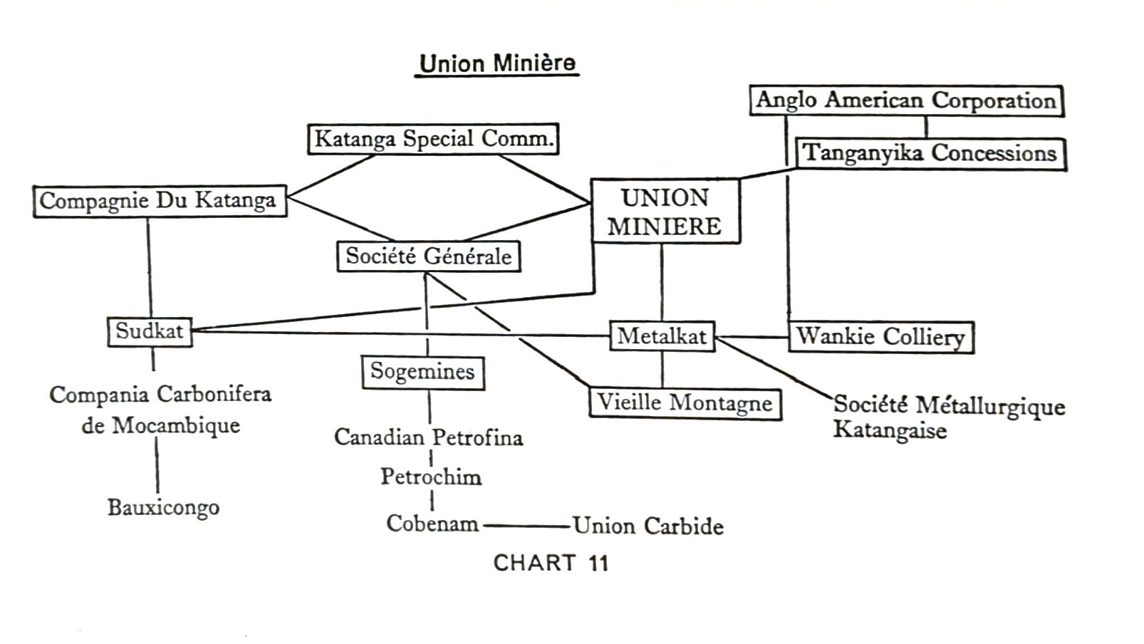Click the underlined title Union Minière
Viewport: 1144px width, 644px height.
pos(497,63)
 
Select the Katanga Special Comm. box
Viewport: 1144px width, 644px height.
pos(433,139)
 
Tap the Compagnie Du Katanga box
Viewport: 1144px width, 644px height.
pos(159,201)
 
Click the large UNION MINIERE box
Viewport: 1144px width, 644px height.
pos(665,212)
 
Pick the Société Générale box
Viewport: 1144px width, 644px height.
pos(428,256)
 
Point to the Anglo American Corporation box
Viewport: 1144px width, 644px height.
pos(906,100)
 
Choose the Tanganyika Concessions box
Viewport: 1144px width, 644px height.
pos(930,153)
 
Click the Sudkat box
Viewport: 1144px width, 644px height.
pos(150,331)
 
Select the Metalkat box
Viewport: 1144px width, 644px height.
pos(662,336)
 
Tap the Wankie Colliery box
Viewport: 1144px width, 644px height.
pos(880,337)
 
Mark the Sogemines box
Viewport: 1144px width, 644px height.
pos(422,372)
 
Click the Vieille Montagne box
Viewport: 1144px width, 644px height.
pos(685,403)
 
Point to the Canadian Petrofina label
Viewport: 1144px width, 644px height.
pos(429,437)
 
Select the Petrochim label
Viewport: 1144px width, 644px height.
pos(431,477)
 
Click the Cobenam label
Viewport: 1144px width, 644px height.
pos(432,524)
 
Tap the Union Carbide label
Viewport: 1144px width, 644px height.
pos(648,526)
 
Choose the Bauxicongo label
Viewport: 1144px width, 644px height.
pos(163,508)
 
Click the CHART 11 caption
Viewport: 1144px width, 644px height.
pos(551,563)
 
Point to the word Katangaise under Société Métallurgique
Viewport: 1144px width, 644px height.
pos(890,430)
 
